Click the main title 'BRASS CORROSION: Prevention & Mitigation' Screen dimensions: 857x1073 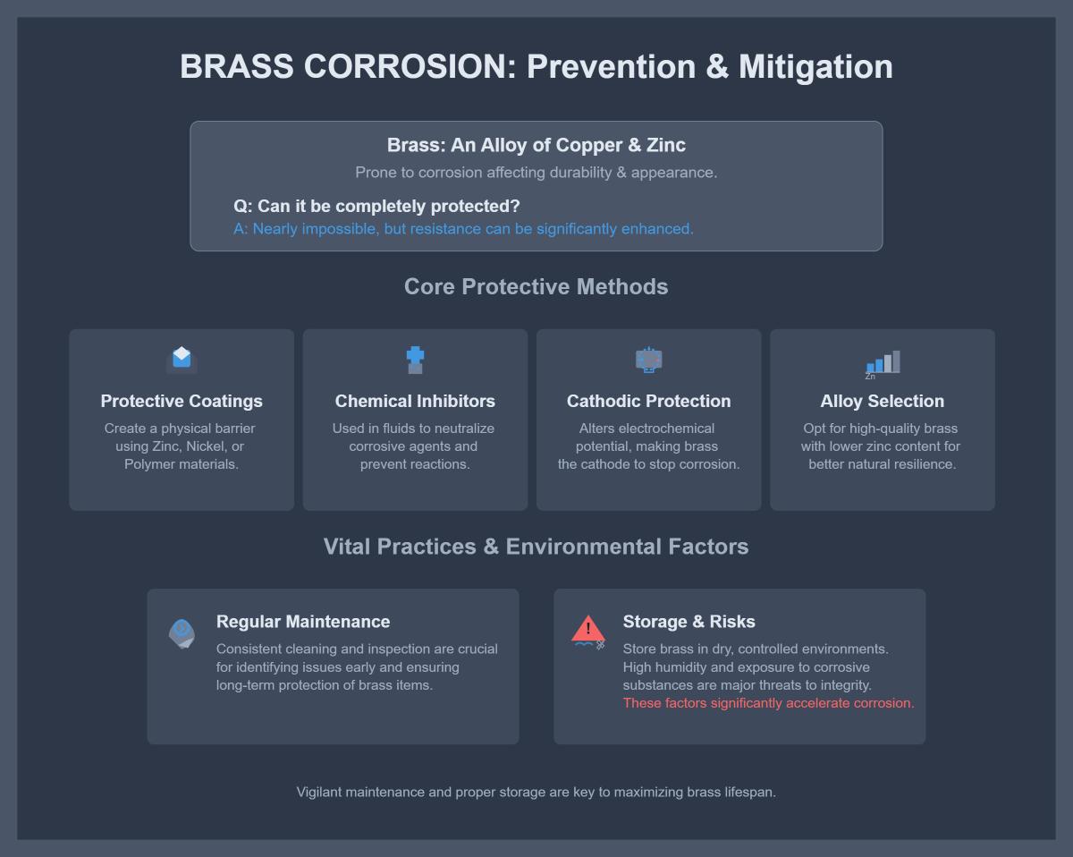pyautogui.click(x=536, y=67)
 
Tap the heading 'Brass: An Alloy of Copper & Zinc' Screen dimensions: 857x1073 pyautogui.click(x=536, y=145)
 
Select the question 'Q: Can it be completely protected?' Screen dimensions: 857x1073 pyautogui.click(x=376, y=206)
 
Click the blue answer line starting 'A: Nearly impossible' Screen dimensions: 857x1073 pyautogui.click(x=463, y=229)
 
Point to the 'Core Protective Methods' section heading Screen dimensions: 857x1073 pyautogui.click(x=536, y=286)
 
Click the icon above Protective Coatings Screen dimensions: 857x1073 pyautogui.click(x=182, y=359)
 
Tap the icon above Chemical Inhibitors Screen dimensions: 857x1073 pyautogui.click(x=415, y=360)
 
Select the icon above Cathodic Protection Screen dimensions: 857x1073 pyautogui.click(x=648, y=360)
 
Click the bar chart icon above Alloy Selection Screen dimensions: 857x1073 pyautogui.click(x=883, y=362)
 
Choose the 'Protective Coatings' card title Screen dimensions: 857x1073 pyautogui.click(x=182, y=401)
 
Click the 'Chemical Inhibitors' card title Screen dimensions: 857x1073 pyautogui.click(x=415, y=401)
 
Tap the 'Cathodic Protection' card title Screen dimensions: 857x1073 pyautogui.click(x=648, y=401)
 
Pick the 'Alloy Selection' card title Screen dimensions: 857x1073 pyautogui.click(x=883, y=401)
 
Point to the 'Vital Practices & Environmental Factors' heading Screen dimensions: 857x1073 pyautogui.click(x=536, y=547)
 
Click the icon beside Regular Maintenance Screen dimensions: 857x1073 pyautogui.click(x=182, y=632)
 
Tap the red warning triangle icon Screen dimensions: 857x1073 pyautogui.click(x=587, y=630)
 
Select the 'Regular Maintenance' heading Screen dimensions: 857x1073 pyautogui.click(x=303, y=622)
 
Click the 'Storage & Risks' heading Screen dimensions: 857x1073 pyautogui.click(x=689, y=622)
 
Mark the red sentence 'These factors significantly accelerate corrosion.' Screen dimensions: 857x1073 pyautogui.click(x=768, y=703)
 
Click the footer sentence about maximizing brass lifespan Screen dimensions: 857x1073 pyautogui.click(x=536, y=792)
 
